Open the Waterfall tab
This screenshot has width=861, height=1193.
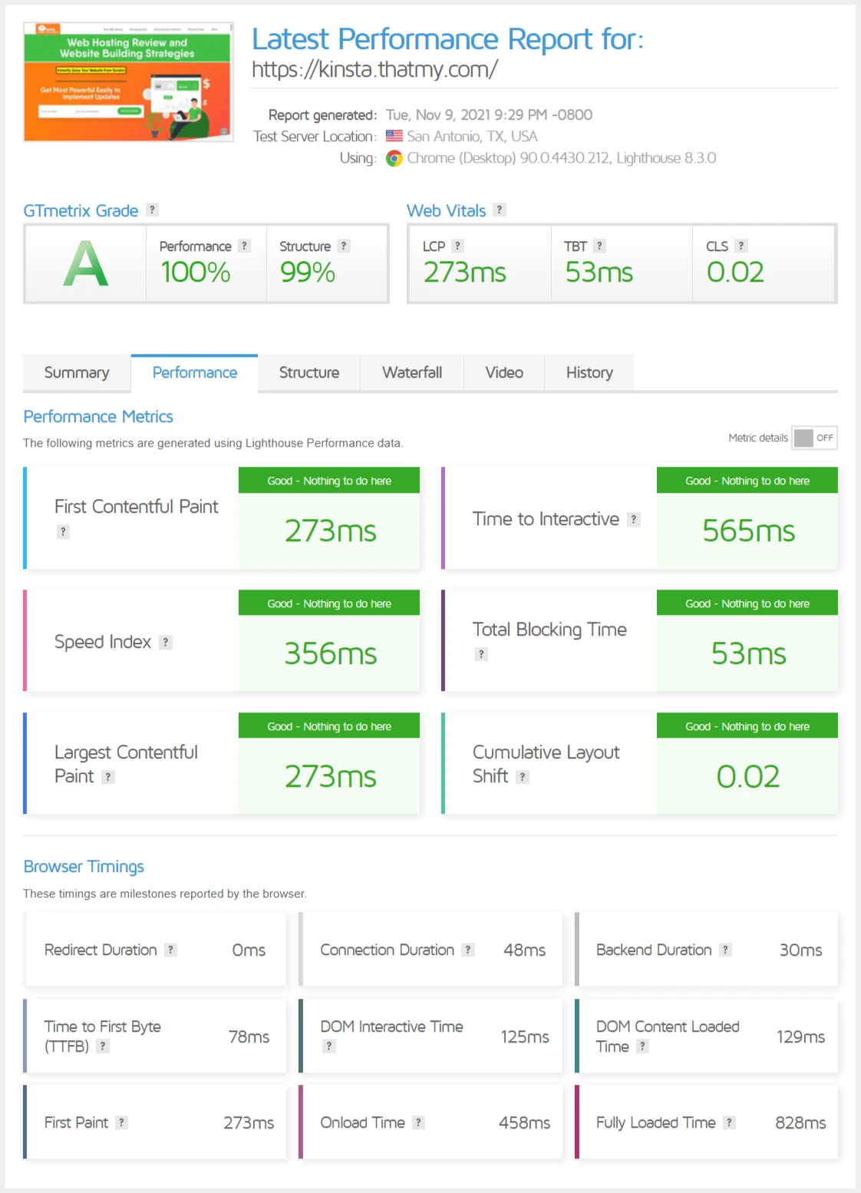pos(412,373)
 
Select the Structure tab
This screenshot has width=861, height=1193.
pos(308,373)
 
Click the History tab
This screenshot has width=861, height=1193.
pos(589,373)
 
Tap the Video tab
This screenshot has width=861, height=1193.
pos(503,373)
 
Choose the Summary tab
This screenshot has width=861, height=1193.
pos(77,373)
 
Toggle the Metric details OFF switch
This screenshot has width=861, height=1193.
pos(813,438)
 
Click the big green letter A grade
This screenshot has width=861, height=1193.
pos(85,264)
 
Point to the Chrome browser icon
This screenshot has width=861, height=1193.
pos(394,158)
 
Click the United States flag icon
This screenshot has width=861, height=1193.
pos(394,136)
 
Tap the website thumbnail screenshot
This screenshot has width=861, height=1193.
pos(128,82)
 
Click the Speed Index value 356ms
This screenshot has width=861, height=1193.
pos(330,654)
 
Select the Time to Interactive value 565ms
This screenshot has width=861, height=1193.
pos(748,531)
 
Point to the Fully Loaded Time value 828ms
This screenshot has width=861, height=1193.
pos(800,1123)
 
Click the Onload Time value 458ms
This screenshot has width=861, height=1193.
pos(524,1123)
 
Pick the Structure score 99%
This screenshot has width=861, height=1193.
pos(307,273)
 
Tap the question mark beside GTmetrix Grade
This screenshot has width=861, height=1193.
pos(153,210)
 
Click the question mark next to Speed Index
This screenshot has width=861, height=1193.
pos(166,643)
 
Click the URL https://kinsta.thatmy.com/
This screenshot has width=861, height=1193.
pos(374,70)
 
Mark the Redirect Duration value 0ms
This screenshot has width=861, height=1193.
pos(249,950)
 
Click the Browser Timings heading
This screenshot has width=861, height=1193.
pos(84,867)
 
